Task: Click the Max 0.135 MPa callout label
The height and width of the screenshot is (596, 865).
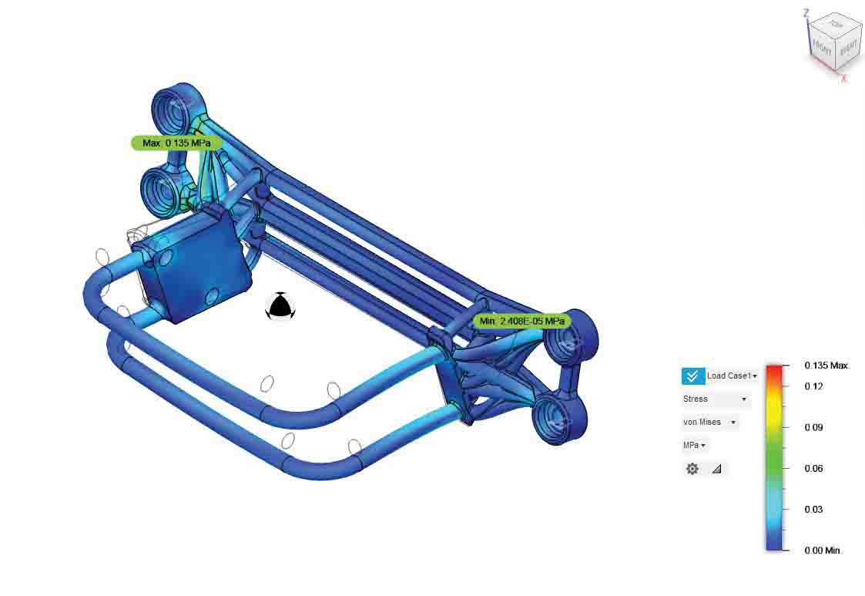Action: coord(176,143)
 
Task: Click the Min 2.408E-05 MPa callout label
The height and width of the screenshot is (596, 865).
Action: coord(522,321)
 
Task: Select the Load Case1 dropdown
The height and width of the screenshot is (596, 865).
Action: coord(732,375)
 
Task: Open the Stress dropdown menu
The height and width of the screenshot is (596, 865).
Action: coord(715,399)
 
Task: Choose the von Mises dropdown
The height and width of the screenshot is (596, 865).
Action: coord(709,422)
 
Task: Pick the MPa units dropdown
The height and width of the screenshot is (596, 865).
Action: coord(694,445)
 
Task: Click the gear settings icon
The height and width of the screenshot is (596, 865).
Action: coord(692,469)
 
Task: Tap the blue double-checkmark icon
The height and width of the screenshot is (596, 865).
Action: coord(693,375)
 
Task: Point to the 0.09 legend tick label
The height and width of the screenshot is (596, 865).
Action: coord(813,427)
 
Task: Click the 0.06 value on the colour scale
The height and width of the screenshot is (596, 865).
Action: coord(813,469)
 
